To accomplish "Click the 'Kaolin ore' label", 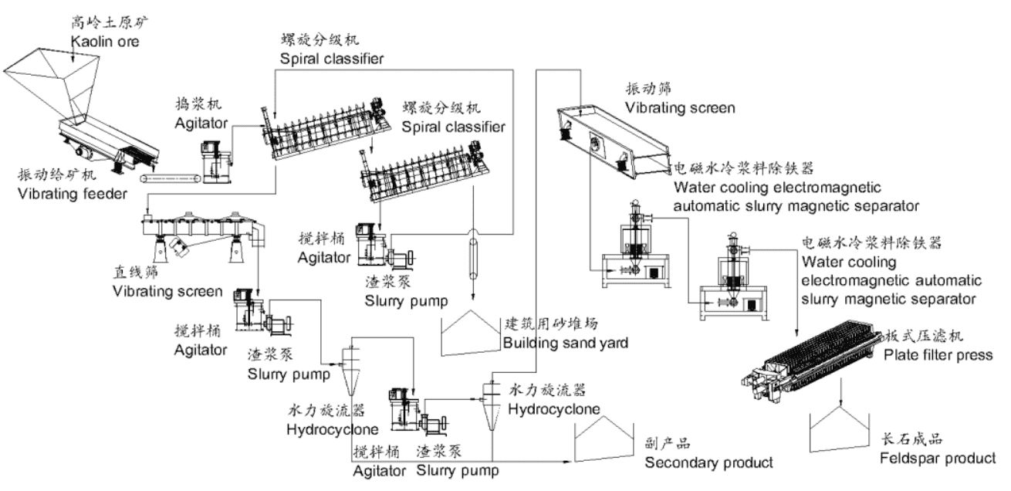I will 103,41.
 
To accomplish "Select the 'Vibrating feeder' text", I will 72,194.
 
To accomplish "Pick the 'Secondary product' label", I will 708,462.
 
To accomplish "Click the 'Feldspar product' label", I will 937,459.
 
